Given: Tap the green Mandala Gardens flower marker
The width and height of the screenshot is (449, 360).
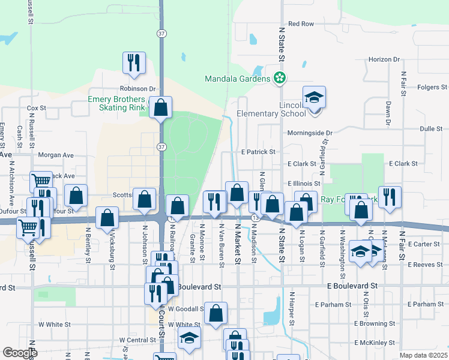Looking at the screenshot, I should click(279, 77).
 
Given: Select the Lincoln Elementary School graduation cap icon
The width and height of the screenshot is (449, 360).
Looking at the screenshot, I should click(314, 98).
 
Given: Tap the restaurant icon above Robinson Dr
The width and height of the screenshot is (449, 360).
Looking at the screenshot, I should click(133, 62).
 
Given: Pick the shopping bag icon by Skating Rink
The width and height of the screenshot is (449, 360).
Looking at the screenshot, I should click(160, 108).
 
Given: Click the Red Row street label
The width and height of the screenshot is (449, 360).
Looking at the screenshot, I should click(301, 24).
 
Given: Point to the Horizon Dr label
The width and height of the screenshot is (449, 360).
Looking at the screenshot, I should click(384, 59).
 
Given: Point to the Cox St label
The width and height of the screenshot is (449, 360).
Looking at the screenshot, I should click(37, 108).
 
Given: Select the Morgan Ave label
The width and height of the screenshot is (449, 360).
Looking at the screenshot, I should click(56, 155).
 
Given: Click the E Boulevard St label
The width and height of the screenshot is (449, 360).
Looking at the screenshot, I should click(352, 287).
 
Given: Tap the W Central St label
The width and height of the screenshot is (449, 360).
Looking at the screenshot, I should click(137, 340).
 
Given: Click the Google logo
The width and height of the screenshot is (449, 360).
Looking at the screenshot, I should click(20, 353).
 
